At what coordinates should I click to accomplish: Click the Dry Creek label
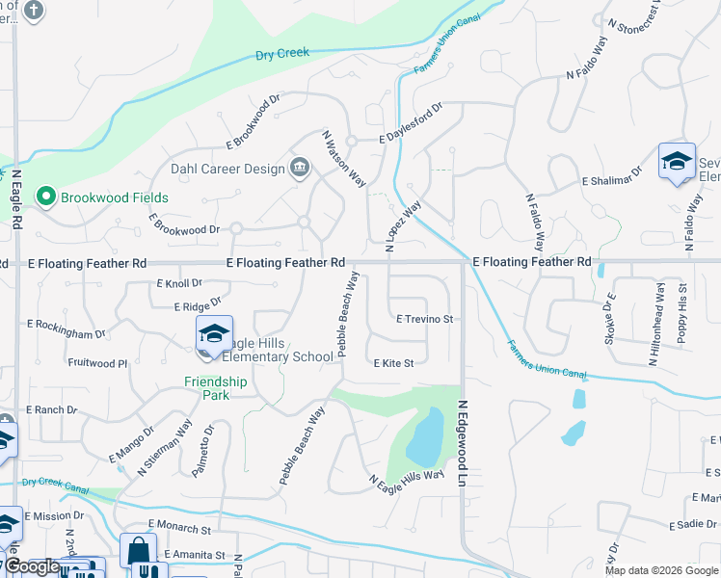click(x=282, y=54)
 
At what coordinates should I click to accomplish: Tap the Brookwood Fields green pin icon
click(x=44, y=197)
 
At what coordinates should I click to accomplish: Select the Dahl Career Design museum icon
click(x=300, y=170)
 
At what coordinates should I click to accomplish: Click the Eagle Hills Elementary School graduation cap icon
click(x=213, y=333)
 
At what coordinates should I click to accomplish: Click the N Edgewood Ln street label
click(x=463, y=442)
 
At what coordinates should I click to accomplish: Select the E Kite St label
click(x=393, y=363)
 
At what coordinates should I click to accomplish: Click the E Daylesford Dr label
click(x=409, y=123)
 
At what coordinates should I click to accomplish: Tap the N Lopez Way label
click(x=403, y=226)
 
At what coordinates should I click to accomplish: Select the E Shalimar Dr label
click(x=612, y=181)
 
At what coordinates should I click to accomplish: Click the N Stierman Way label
click(x=164, y=448)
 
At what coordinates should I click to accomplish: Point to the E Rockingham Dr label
click(x=66, y=328)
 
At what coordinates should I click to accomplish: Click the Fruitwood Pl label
click(x=97, y=363)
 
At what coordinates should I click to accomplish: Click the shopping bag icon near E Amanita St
click(x=138, y=552)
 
